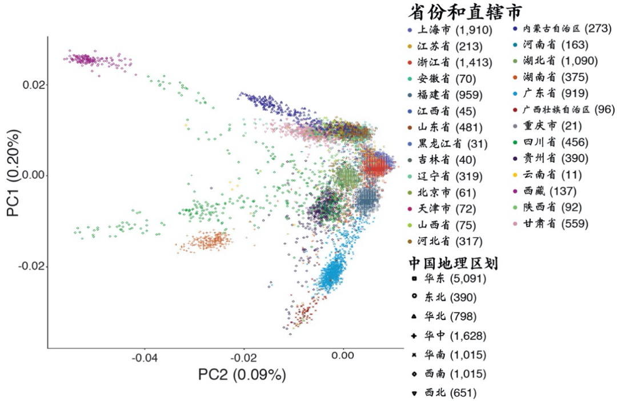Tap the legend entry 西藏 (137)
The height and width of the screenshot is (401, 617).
coord(551,191)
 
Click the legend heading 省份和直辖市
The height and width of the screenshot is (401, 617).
coord(466,11)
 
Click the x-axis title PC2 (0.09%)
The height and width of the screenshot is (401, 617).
coord(242,375)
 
